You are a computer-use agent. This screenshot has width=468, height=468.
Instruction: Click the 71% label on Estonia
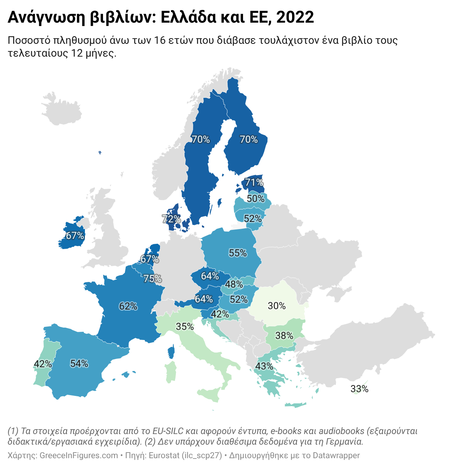point(254,183)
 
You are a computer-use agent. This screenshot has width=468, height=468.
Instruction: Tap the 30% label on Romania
point(277,306)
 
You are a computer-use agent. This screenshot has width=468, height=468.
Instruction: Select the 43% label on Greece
point(264,366)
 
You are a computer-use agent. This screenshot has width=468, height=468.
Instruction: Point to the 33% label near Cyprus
point(359,389)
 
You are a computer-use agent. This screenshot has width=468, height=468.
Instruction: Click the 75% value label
point(152,279)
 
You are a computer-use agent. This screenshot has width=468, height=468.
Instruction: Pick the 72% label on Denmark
point(171,219)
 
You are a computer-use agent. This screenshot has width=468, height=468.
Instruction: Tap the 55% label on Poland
point(238,253)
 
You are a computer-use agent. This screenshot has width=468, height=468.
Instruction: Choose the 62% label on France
point(128,306)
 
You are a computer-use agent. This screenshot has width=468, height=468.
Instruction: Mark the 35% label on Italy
point(185,326)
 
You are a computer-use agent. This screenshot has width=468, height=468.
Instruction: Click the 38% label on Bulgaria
point(284,336)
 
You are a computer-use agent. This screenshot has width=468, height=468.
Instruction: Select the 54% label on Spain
point(79,364)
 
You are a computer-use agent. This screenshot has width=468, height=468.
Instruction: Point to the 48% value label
point(234,285)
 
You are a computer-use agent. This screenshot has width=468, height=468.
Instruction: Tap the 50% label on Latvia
point(256,199)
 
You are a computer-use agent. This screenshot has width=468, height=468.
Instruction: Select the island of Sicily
point(210,394)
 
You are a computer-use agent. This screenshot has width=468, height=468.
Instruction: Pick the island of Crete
point(297,405)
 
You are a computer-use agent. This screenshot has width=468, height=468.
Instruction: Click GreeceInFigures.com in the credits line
point(79,456)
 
